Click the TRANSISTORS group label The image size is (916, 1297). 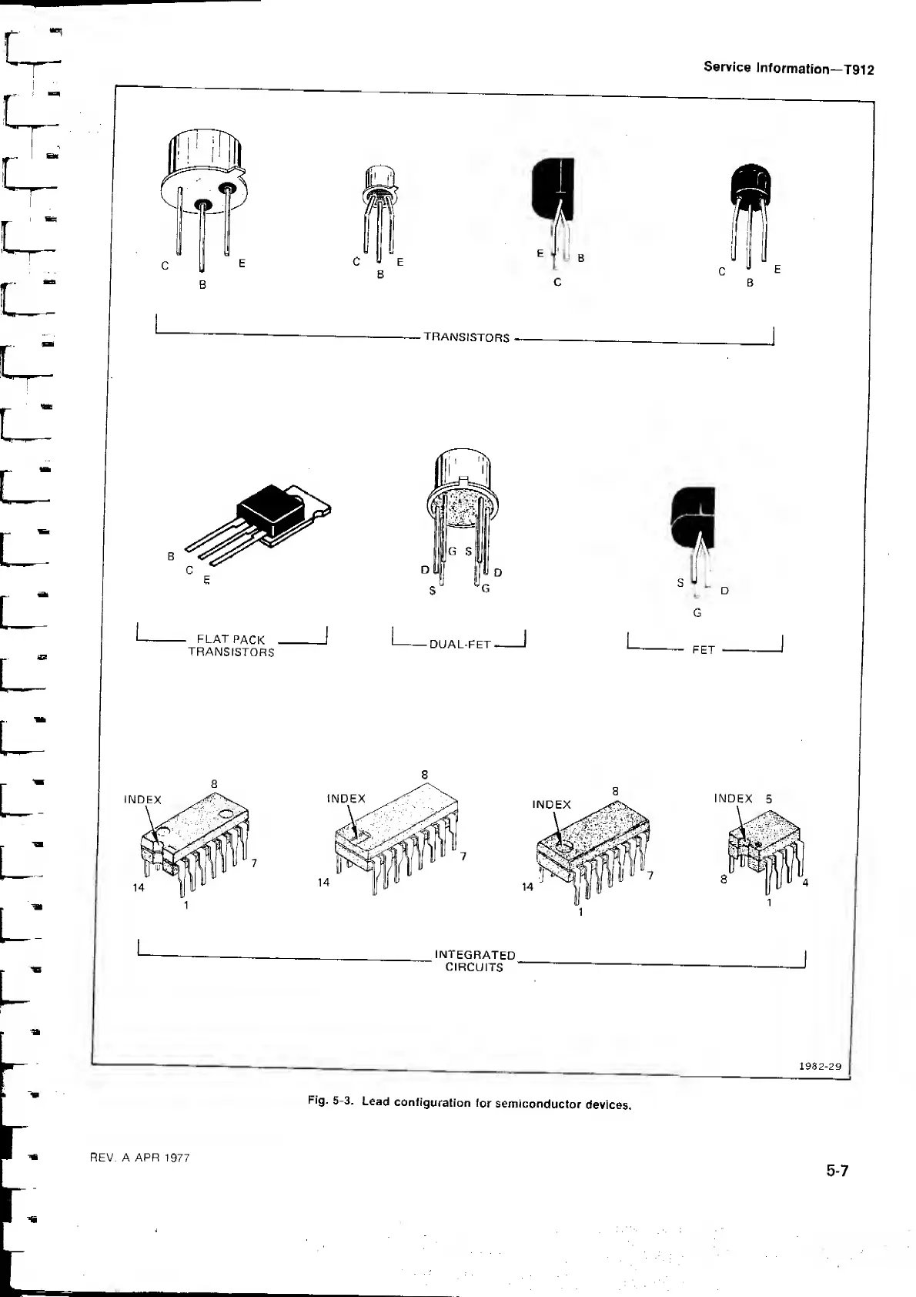[x=466, y=337]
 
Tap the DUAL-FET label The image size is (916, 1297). [x=460, y=644]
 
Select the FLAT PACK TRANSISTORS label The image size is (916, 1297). [x=231, y=645]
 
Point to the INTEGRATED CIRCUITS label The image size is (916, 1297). [x=475, y=960]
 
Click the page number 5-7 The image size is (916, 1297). [x=837, y=1171]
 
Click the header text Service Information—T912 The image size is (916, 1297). [x=788, y=68]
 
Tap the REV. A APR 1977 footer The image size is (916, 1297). [x=140, y=1158]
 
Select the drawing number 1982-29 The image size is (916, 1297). [x=820, y=1067]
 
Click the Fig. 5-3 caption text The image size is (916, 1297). [x=470, y=1103]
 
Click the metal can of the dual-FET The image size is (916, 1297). [x=462, y=485]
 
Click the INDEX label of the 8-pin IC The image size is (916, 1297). [x=733, y=799]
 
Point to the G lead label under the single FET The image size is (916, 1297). [x=697, y=613]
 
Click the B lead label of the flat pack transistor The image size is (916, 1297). [x=172, y=555]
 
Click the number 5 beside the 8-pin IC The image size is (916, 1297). [x=768, y=799]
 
